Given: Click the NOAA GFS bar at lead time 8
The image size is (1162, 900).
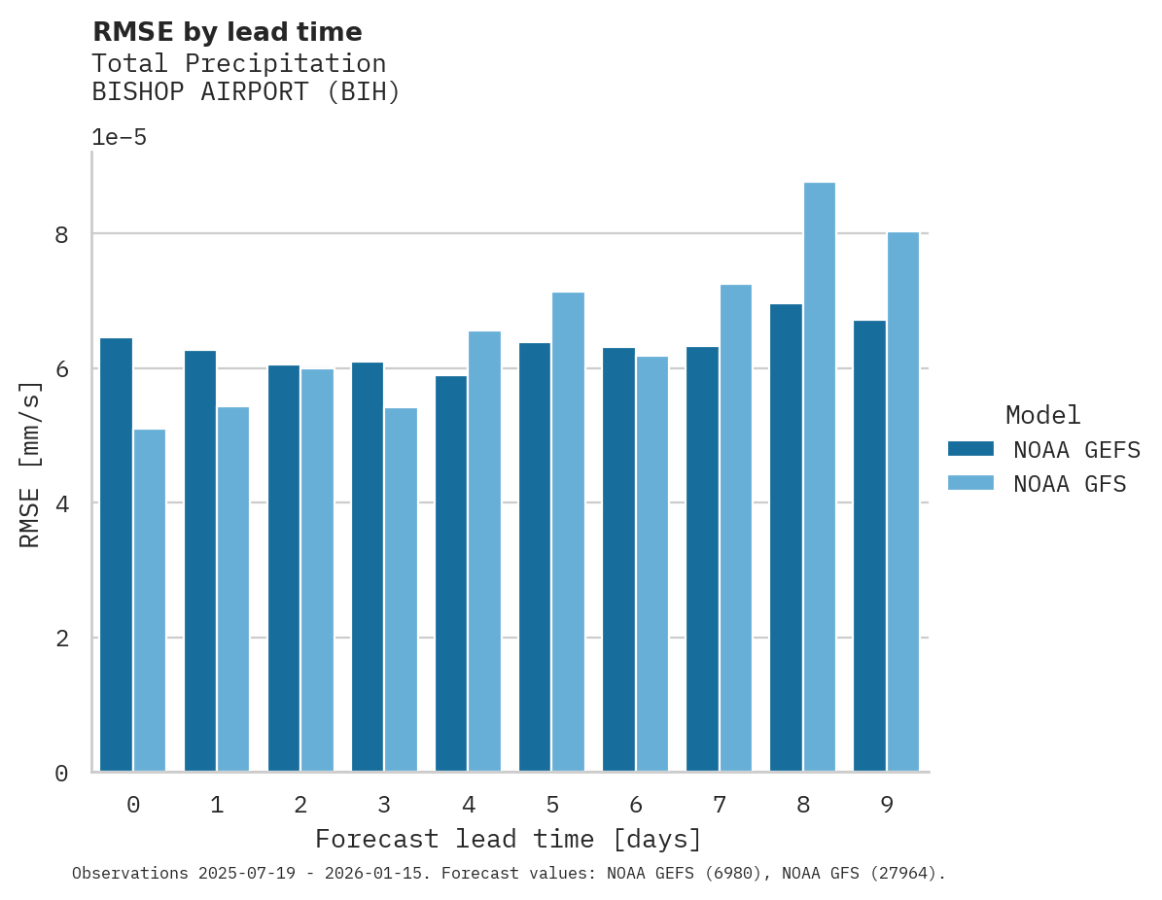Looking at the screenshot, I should (820, 476).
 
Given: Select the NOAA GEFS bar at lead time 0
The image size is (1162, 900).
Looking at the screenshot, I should (116, 554).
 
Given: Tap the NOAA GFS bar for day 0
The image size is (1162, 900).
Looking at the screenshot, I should (150, 600).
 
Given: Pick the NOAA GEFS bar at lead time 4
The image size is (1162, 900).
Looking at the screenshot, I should (451, 573).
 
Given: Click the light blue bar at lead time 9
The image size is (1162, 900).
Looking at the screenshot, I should (903, 502).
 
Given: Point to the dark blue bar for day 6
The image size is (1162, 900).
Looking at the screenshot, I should (618, 559).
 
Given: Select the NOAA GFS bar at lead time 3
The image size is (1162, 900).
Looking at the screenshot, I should (401, 589).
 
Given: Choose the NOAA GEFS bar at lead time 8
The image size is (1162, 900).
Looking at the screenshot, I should (786, 537).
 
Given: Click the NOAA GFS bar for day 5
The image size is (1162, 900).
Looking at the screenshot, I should (569, 532).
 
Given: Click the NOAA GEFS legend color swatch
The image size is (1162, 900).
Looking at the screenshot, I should (970, 449).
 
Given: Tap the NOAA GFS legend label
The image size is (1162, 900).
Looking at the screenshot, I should (1070, 484).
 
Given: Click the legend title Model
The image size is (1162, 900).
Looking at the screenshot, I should (1042, 416).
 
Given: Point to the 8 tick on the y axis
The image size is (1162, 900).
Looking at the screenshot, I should (61, 234).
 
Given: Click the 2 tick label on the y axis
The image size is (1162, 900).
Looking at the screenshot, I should (61, 639).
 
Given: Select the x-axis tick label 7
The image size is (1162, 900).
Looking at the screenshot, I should (720, 805).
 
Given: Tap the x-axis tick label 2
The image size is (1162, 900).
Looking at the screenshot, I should (300, 805).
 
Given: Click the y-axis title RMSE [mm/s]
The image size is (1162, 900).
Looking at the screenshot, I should (31, 463).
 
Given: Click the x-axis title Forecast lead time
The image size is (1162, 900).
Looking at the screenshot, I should (508, 839).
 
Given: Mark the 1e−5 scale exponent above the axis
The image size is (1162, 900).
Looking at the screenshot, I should (119, 138).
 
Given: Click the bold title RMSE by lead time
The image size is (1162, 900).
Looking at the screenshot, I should (227, 32).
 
